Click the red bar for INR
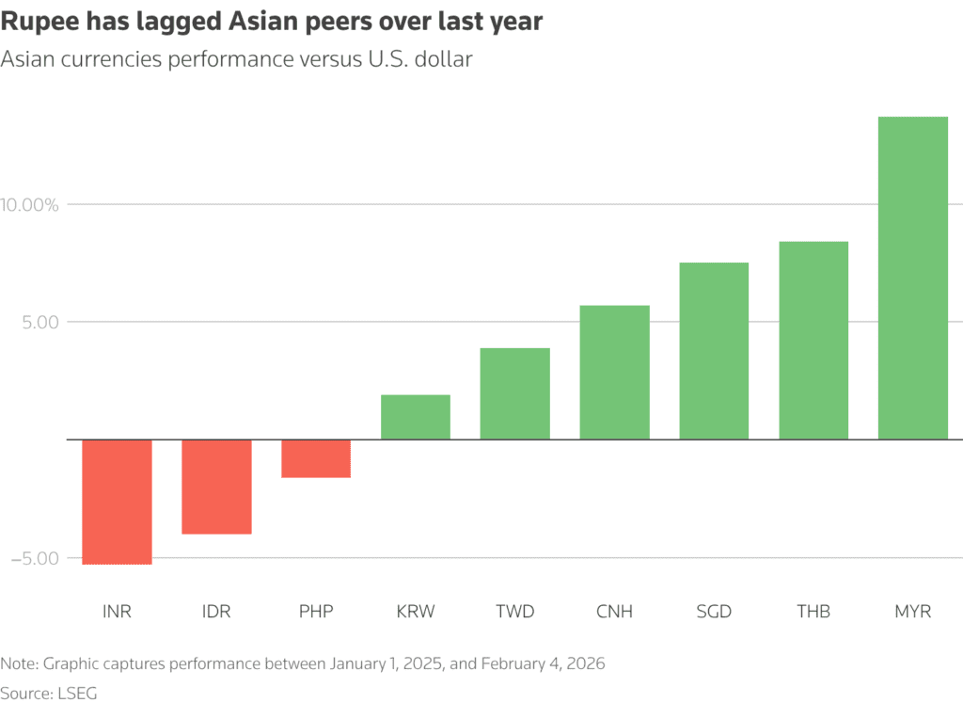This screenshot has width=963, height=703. (x=117, y=502)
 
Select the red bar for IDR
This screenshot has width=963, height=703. (x=216, y=487)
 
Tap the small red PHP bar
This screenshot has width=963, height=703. (x=316, y=458)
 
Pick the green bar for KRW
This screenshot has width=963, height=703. (x=416, y=417)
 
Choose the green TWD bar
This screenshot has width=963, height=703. (x=514, y=393)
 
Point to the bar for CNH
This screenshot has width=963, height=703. (x=614, y=373)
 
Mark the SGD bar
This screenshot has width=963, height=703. (x=714, y=351)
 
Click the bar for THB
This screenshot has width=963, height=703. (x=813, y=341)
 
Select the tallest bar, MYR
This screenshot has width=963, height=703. (x=912, y=278)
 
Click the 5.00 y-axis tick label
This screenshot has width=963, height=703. (x=41, y=323)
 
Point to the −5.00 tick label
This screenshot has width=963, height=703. (x=36, y=558)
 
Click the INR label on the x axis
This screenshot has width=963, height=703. (x=117, y=612)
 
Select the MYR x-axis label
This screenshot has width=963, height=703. (x=912, y=612)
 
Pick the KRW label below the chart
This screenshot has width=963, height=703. (x=416, y=612)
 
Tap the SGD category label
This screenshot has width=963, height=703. (x=714, y=612)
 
